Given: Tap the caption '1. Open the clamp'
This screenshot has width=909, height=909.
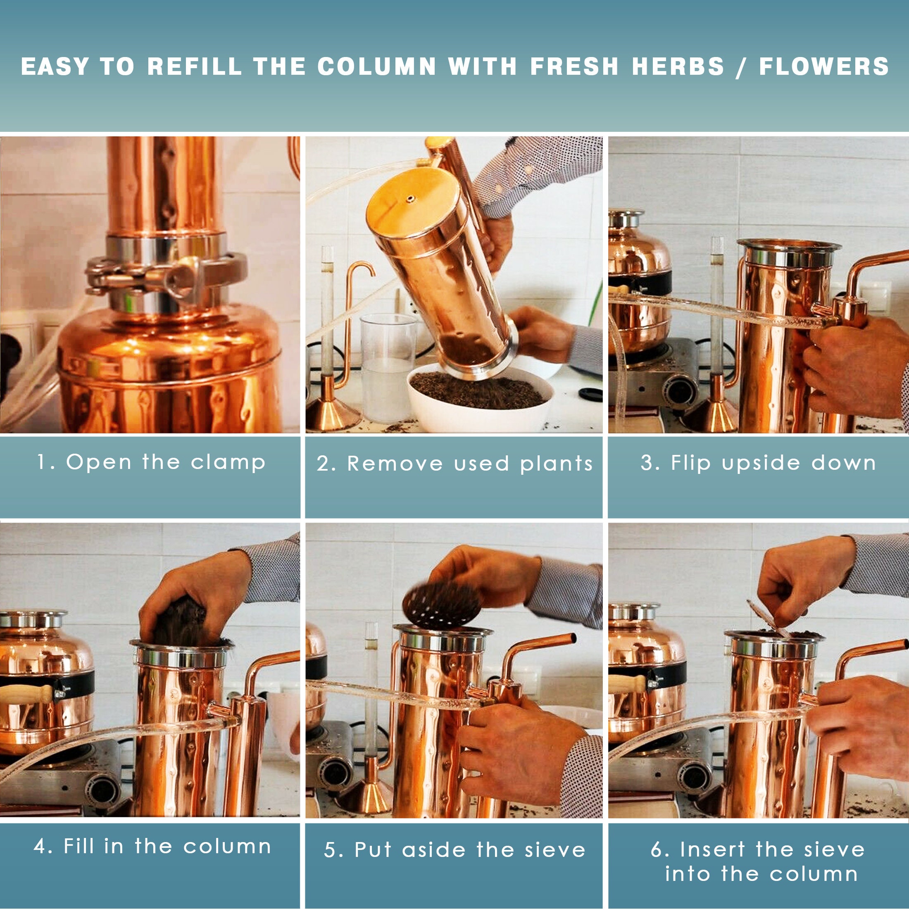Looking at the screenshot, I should coord(152,462).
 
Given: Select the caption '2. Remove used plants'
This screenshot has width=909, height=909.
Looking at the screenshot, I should coord(454,464).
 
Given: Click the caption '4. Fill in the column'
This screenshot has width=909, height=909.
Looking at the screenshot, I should coord(152,847).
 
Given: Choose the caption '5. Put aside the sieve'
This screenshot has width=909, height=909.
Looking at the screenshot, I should coord(454,850).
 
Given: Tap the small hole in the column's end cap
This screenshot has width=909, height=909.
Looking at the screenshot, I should coord(411,200).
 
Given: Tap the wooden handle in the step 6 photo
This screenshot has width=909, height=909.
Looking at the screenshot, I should coord(626,683).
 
